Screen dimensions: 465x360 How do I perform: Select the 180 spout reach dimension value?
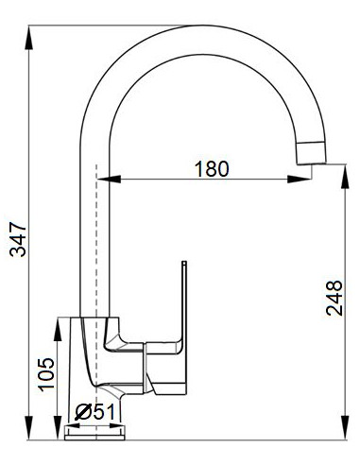click(212, 169)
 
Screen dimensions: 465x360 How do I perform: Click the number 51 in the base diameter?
click(102, 412)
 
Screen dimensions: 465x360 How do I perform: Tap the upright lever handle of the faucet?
click(183, 302)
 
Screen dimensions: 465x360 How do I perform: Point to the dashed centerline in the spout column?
click(96, 236)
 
